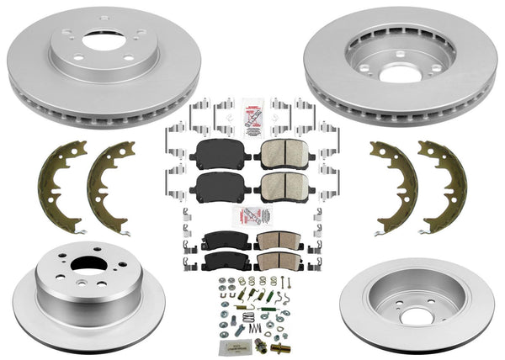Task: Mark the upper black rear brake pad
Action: point(221,238)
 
